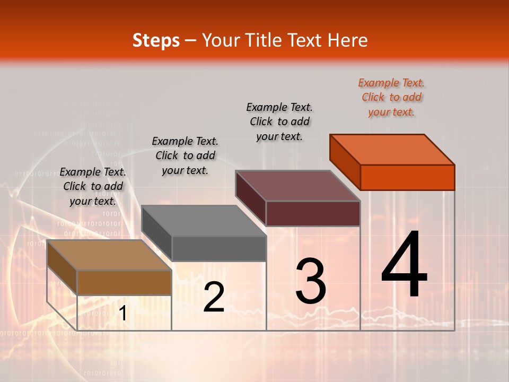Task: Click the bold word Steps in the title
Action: click(x=156, y=40)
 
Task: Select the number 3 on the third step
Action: click(x=311, y=281)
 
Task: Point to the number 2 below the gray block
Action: click(x=214, y=297)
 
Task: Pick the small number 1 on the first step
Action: click(x=122, y=314)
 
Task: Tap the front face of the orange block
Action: click(x=407, y=177)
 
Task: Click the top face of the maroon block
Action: click(x=298, y=185)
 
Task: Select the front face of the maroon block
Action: click(x=313, y=213)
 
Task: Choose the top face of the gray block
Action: click(x=204, y=220)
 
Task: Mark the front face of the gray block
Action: click(x=218, y=248)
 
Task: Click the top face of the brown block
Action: click(x=109, y=255)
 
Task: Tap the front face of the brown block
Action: click(x=124, y=282)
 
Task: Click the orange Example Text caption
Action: click(x=391, y=97)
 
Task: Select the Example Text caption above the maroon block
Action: click(x=279, y=121)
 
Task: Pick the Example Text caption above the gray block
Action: click(x=185, y=155)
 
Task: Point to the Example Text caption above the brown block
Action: click(x=93, y=186)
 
